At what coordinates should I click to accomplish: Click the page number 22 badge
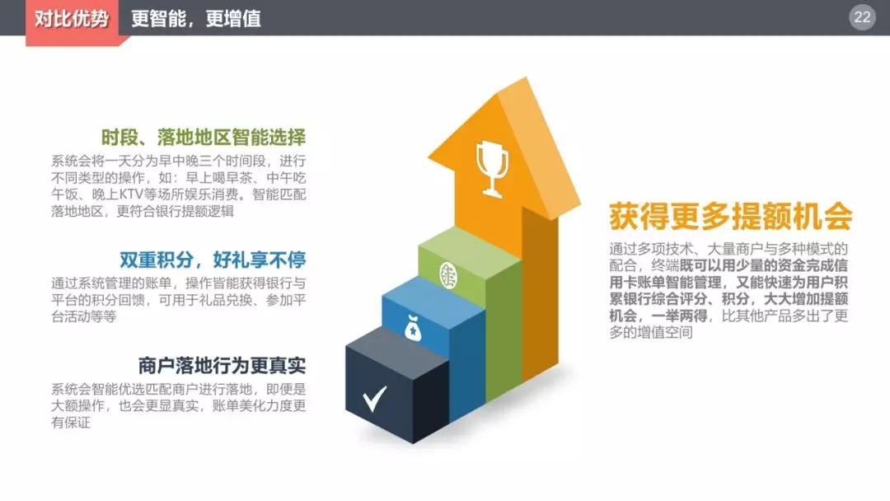pyautogui.click(x=862, y=17)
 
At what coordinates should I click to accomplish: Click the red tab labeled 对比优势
pyautogui.click(x=72, y=21)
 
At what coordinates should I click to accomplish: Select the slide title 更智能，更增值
pyautogui.click(x=196, y=19)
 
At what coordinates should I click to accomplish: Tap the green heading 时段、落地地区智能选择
pyautogui.click(x=204, y=138)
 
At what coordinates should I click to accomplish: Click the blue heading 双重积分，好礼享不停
pyautogui.click(x=213, y=260)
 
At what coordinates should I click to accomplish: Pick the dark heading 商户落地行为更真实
pyautogui.click(x=222, y=365)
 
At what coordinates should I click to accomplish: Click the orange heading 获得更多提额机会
pyautogui.click(x=730, y=216)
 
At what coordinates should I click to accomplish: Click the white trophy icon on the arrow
pyautogui.click(x=492, y=169)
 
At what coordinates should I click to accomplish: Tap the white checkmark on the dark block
pyautogui.click(x=375, y=398)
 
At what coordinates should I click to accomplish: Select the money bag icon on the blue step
pyautogui.click(x=413, y=328)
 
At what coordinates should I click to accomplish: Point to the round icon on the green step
pyautogui.click(x=448, y=275)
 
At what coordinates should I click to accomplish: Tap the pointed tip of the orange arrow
pyautogui.click(x=526, y=78)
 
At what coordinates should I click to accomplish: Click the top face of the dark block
pyautogui.click(x=396, y=344)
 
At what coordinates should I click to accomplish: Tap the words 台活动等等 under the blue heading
pyautogui.click(x=84, y=316)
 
